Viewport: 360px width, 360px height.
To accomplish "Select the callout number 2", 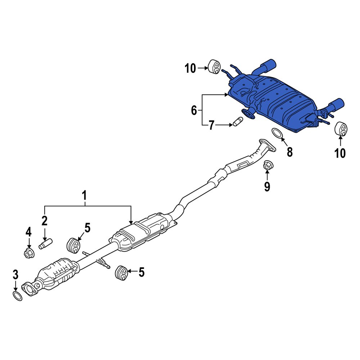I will click(x=44, y=221).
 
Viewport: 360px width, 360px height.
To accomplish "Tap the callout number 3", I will click(x=15, y=275).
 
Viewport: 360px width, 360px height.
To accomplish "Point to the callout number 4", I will click(x=28, y=231).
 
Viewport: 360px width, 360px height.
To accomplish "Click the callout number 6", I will click(x=194, y=110).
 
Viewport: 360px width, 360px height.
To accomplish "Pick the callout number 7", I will click(x=211, y=125).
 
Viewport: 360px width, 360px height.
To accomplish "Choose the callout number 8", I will click(x=289, y=152).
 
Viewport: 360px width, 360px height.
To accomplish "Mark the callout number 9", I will click(x=267, y=186).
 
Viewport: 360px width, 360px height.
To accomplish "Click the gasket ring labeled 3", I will click(x=17, y=296).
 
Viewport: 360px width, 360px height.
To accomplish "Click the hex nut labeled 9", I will click(x=267, y=166).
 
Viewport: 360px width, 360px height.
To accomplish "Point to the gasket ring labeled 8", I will click(x=277, y=133).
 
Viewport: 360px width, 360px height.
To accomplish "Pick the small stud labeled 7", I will click(x=238, y=122).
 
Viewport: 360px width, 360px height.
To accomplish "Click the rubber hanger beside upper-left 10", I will click(x=215, y=67).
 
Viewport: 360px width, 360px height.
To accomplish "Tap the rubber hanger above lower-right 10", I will click(x=341, y=129).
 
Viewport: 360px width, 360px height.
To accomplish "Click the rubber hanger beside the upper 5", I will click(x=74, y=245).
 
